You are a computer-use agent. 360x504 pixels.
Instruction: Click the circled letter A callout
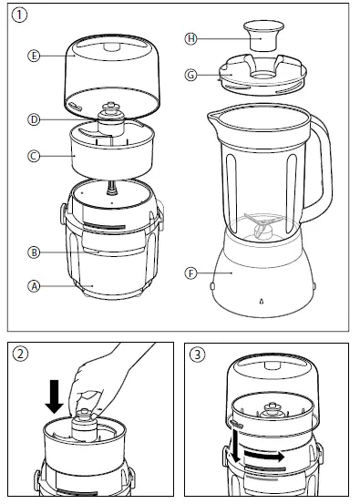tap(35, 284)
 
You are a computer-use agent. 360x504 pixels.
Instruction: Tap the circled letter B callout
tap(35, 251)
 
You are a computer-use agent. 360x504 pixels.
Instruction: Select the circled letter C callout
tap(35, 156)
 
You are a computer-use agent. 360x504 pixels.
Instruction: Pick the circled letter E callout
tap(35, 56)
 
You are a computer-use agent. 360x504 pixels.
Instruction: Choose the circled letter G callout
tap(190, 74)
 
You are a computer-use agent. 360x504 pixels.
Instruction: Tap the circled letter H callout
tap(190, 39)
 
